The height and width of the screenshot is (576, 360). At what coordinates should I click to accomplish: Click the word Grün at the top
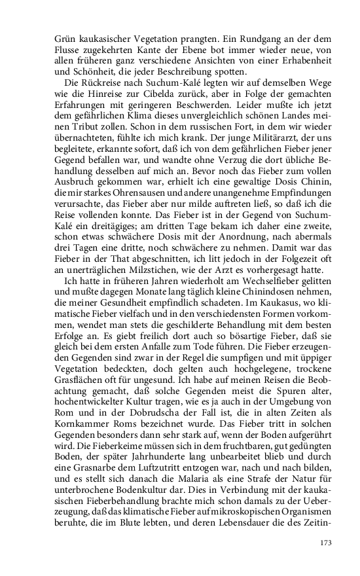tap(65, 38)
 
